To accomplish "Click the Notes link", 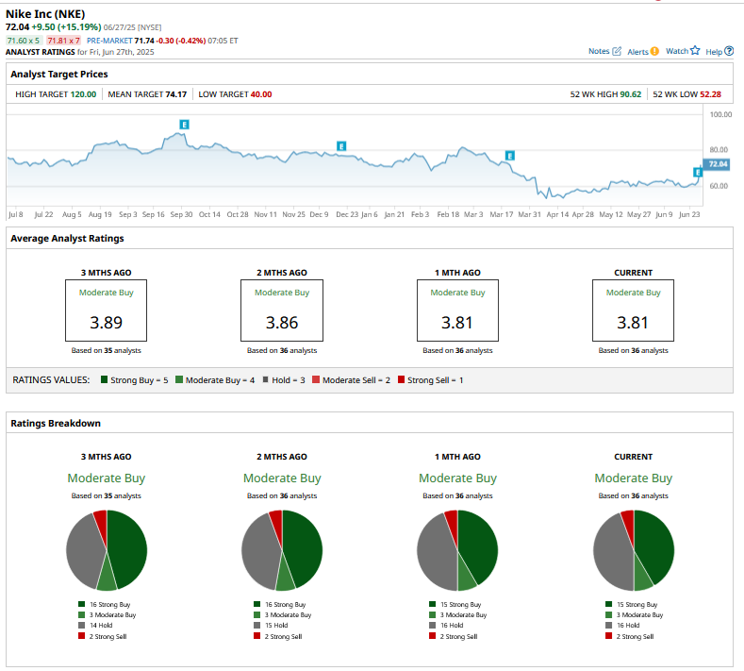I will tap(603, 51).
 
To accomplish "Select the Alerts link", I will tap(642, 51).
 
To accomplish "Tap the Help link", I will tap(718, 51).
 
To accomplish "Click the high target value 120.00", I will tap(83, 94).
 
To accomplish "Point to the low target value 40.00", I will tap(261, 94).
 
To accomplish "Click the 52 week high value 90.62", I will tap(627, 94).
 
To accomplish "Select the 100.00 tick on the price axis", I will tap(720, 114).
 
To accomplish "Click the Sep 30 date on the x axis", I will tap(182, 214).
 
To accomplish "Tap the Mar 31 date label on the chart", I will tap(530, 214).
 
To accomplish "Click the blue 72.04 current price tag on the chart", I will tap(719, 164).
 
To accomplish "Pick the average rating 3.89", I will tap(106, 323).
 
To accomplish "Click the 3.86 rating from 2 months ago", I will tap(282, 323).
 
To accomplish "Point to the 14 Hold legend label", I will tap(101, 625).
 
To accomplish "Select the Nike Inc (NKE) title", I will tap(44, 14).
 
